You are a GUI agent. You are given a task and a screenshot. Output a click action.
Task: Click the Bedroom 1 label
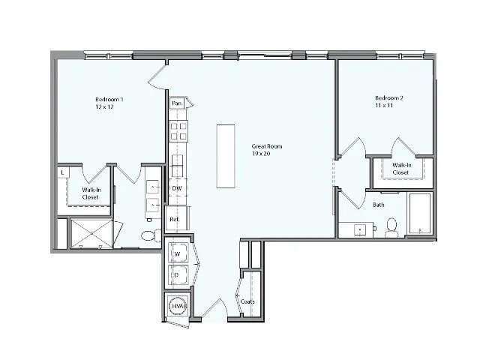coord(109,100)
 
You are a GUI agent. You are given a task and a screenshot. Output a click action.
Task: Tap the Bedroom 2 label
coord(389,99)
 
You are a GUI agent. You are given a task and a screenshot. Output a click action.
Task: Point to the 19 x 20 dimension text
coord(261,154)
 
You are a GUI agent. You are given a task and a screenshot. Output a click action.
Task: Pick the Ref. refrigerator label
coord(175,219)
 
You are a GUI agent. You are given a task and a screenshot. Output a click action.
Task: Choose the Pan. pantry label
coord(178,103)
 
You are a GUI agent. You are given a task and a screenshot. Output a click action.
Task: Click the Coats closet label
coord(247,301)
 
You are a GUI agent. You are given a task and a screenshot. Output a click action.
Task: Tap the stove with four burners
coord(178,132)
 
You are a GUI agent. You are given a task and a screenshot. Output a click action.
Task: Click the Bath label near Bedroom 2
coord(379,204)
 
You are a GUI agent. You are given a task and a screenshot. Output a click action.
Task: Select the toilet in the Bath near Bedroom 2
coord(391,226)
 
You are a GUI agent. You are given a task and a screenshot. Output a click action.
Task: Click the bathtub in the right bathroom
coord(419,214)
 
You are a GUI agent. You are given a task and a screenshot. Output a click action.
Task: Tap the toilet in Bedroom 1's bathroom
coord(149,235)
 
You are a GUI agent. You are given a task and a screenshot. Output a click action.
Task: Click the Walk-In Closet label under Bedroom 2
coord(400,168)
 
